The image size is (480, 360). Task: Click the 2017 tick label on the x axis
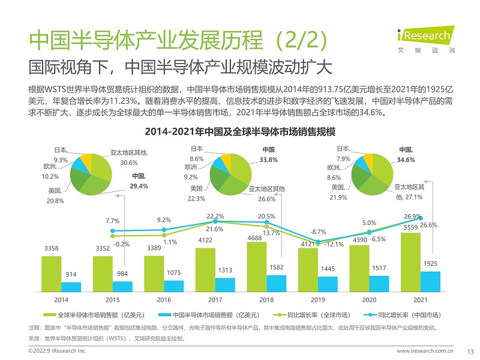pos(215,298)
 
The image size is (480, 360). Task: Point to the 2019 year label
pos(318,298)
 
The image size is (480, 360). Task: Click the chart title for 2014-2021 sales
pos(240,131)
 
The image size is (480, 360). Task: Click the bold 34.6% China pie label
pos(406,155)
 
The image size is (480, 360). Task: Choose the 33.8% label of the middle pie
pos(268,155)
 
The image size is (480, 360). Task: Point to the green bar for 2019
pos(308,271)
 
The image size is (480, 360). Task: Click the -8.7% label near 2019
pos(317,231)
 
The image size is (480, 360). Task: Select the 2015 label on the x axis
pos(113,298)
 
